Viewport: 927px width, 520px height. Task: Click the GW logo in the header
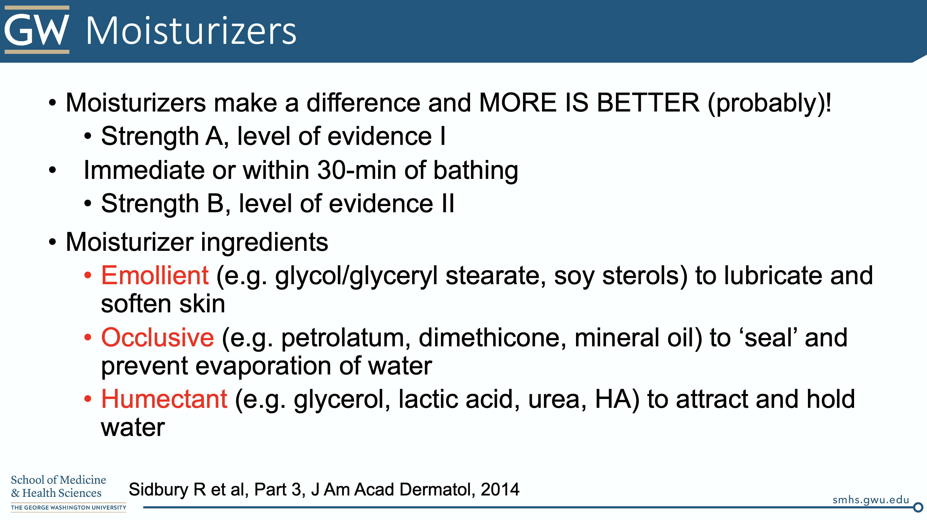[37, 29]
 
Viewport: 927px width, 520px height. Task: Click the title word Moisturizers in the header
[191, 31]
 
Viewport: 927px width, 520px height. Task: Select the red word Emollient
[155, 275]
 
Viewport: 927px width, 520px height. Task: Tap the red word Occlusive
[158, 337]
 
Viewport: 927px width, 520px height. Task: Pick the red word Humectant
[164, 399]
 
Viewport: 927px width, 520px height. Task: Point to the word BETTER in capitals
[648, 103]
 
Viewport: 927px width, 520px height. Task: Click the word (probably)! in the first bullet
[769, 104]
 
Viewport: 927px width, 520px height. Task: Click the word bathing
[475, 171]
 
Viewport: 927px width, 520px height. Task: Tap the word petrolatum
[346, 338]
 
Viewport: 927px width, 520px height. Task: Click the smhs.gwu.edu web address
[871, 500]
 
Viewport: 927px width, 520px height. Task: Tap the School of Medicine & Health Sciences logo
[68, 493]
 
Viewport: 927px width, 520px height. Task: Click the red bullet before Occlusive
[88, 338]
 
